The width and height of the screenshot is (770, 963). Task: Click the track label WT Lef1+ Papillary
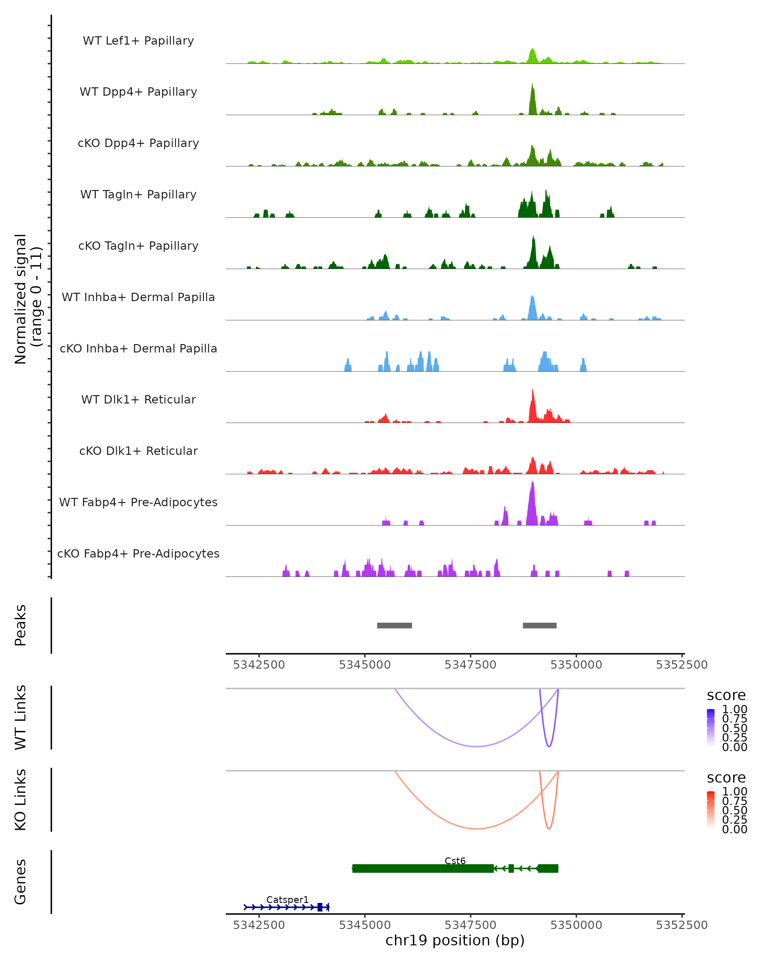coord(138,41)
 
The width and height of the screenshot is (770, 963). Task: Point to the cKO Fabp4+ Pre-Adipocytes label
coord(138,553)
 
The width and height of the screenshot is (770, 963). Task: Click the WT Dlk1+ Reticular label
coord(138,399)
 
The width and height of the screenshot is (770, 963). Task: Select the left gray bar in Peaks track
coord(394,625)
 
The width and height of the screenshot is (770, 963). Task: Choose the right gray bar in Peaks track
coord(539,625)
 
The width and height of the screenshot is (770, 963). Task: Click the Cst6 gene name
coord(455,861)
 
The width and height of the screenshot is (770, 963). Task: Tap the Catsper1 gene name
coord(287,899)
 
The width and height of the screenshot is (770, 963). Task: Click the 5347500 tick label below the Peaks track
coord(470,665)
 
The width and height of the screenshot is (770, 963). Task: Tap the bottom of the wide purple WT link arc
coord(477,746)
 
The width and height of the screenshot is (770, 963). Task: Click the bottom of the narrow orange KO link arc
coord(549,829)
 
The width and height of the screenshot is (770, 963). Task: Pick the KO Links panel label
coord(21,800)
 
